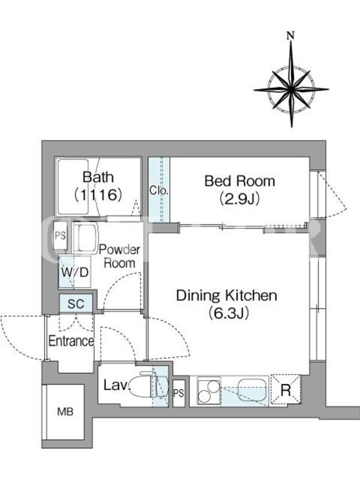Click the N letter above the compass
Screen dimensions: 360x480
coord(290,35)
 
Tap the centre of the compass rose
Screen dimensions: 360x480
coord(291,89)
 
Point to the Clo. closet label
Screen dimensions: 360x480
coord(159,190)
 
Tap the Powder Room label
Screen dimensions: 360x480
coord(119,257)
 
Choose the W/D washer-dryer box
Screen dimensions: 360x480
coord(74,272)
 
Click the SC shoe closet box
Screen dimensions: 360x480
coord(76,304)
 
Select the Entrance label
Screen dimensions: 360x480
coord(71,341)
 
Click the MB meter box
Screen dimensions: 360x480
coord(65,412)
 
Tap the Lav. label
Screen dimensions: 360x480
coord(116,385)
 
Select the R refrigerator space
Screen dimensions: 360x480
coord(286,390)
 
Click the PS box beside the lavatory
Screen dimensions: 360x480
coord(179,394)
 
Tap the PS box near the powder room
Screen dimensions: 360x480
coord(61,235)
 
